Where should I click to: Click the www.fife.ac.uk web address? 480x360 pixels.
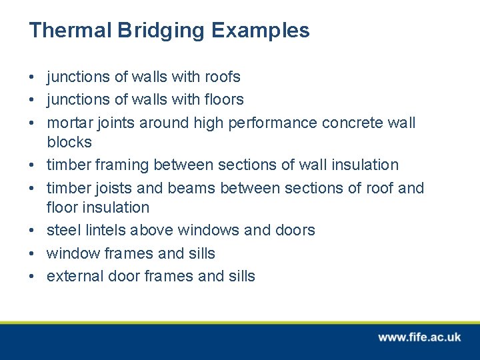[x=419, y=337]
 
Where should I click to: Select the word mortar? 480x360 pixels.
[x=69, y=123]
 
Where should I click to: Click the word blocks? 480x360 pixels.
[x=69, y=142]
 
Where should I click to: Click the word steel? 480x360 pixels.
[x=61, y=231]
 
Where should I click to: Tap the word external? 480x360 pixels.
[x=71, y=277]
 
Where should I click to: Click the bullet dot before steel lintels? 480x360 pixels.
[x=32, y=231]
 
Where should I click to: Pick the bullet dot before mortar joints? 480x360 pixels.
[x=32, y=123]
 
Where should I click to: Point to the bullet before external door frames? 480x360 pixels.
[x=32, y=277]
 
